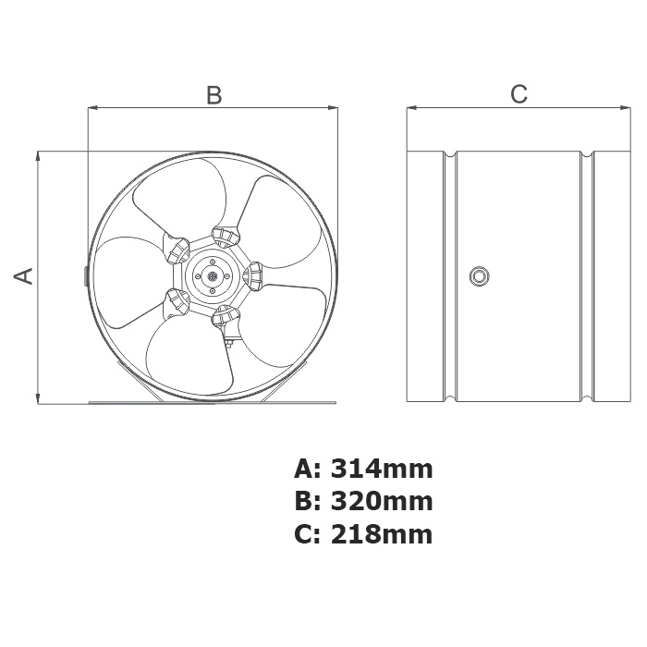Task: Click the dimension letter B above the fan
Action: (214, 95)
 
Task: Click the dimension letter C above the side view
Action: (519, 93)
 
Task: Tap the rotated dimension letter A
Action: (23, 276)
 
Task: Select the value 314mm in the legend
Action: (382, 470)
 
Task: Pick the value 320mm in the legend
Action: (382, 501)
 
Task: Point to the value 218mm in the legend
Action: (382, 534)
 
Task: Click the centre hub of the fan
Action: (213, 276)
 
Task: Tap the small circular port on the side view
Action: (479, 275)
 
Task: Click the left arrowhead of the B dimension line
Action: (92, 108)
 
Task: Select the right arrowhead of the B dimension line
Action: (334, 108)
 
